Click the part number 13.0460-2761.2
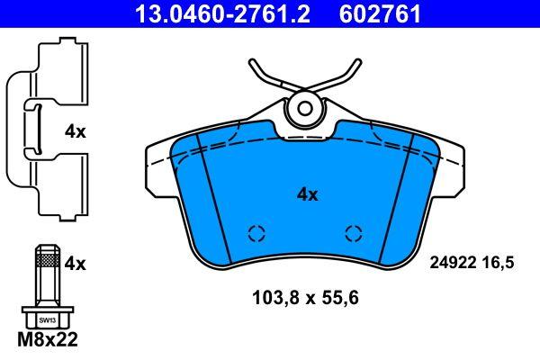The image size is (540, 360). click(x=222, y=13)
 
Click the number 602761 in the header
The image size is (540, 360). click(x=380, y=13)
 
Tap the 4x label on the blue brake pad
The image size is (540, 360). click(x=308, y=195)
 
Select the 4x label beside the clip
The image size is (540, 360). click(x=75, y=131)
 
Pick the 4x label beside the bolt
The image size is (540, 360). click(x=75, y=265)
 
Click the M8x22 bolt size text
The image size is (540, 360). click(x=48, y=339)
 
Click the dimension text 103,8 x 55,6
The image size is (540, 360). click(x=306, y=298)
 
